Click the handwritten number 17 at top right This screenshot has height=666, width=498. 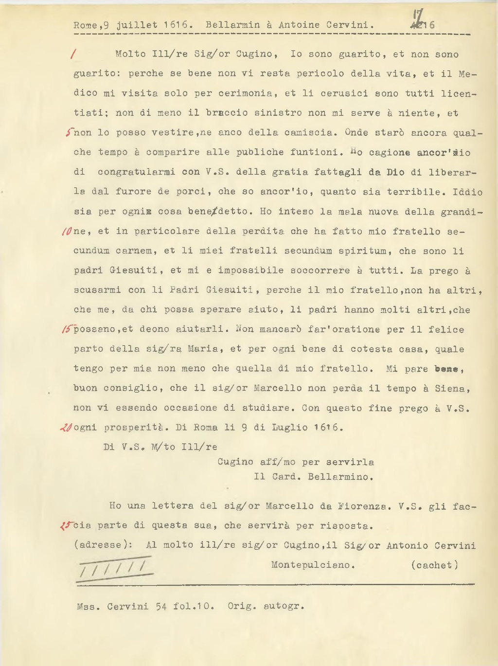click(x=416, y=20)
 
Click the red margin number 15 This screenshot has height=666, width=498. click(x=67, y=329)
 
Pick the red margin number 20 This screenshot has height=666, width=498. click(x=67, y=428)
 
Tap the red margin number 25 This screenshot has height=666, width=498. click(x=66, y=525)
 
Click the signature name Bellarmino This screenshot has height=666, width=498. click(x=340, y=477)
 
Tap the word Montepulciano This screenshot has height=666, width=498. click(x=313, y=565)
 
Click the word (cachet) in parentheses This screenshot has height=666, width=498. click(x=434, y=565)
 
